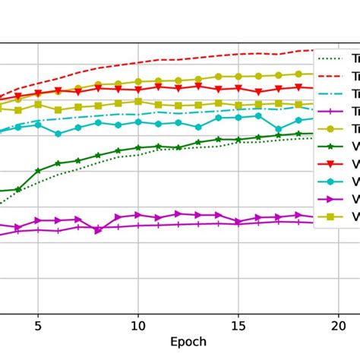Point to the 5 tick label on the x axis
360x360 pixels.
click(x=38, y=325)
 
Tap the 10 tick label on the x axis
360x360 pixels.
click(x=138, y=325)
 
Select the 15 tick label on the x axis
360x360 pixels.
click(x=238, y=325)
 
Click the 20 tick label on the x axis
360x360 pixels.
click(x=339, y=325)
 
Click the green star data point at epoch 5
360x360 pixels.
click(x=38, y=171)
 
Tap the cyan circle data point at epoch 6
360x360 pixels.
click(x=58, y=134)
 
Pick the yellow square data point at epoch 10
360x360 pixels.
click(x=138, y=101)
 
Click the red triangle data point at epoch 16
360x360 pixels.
click(x=258, y=91)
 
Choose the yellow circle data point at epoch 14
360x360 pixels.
click(x=219, y=77)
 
